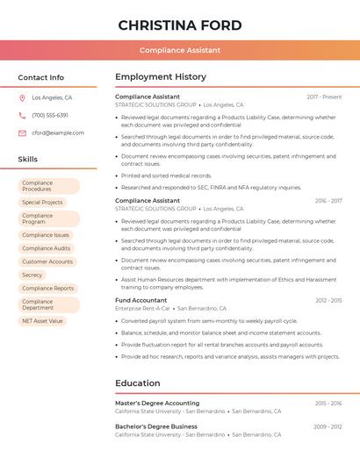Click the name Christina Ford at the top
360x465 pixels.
[180, 25]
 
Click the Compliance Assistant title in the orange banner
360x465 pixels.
[180, 50]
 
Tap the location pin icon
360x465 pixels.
[22, 98]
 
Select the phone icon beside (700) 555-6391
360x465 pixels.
[22, 116]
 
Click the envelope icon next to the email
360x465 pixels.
[22, 133]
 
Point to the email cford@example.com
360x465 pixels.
[58, 133]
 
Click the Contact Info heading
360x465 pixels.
[41, 77]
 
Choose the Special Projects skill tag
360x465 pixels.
[42, 203]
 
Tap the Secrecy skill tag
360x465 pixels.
[32, 275]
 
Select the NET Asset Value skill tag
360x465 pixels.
[42, 321]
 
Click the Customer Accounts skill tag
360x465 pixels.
[47, 261]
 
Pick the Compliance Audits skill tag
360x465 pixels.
[46, 248]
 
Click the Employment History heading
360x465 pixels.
[161, 77]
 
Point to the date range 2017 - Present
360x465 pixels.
[324, 97]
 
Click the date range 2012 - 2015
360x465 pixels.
[328, 300]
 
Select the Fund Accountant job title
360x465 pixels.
[141, 300]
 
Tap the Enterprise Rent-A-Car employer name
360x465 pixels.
[143, 309]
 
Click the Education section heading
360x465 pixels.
[138, 383]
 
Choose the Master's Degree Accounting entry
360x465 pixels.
[157, 403]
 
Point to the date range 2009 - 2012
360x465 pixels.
[328, 426]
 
